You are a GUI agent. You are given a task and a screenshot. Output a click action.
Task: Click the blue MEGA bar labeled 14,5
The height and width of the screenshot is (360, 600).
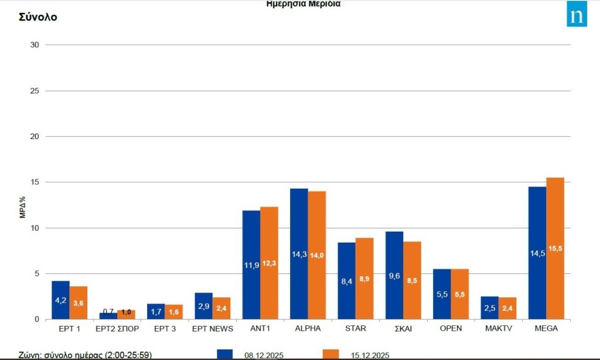click(x=537, y=253)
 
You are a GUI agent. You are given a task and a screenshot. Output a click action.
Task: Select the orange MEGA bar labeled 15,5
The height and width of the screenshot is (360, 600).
click(x=555, y=249)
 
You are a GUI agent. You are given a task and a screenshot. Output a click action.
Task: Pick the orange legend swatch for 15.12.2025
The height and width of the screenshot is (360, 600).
click(x=331, y=354)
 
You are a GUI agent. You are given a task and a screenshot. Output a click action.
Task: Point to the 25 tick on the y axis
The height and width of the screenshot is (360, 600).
click(x=35, y=91)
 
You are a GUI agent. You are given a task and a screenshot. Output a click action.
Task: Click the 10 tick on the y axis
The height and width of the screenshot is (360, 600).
click(x=35, y=228)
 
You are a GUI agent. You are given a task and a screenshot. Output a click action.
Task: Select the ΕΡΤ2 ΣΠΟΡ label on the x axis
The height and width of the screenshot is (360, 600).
click(x=117, y=329)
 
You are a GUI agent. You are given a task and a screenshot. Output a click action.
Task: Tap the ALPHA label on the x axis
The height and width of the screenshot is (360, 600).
click(x=308, y=329)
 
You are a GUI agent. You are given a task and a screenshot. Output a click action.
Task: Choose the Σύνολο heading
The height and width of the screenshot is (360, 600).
click(x=38, y=17)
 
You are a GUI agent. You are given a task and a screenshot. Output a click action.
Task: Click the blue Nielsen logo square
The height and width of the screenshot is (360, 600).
click(x=577, y=16)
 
